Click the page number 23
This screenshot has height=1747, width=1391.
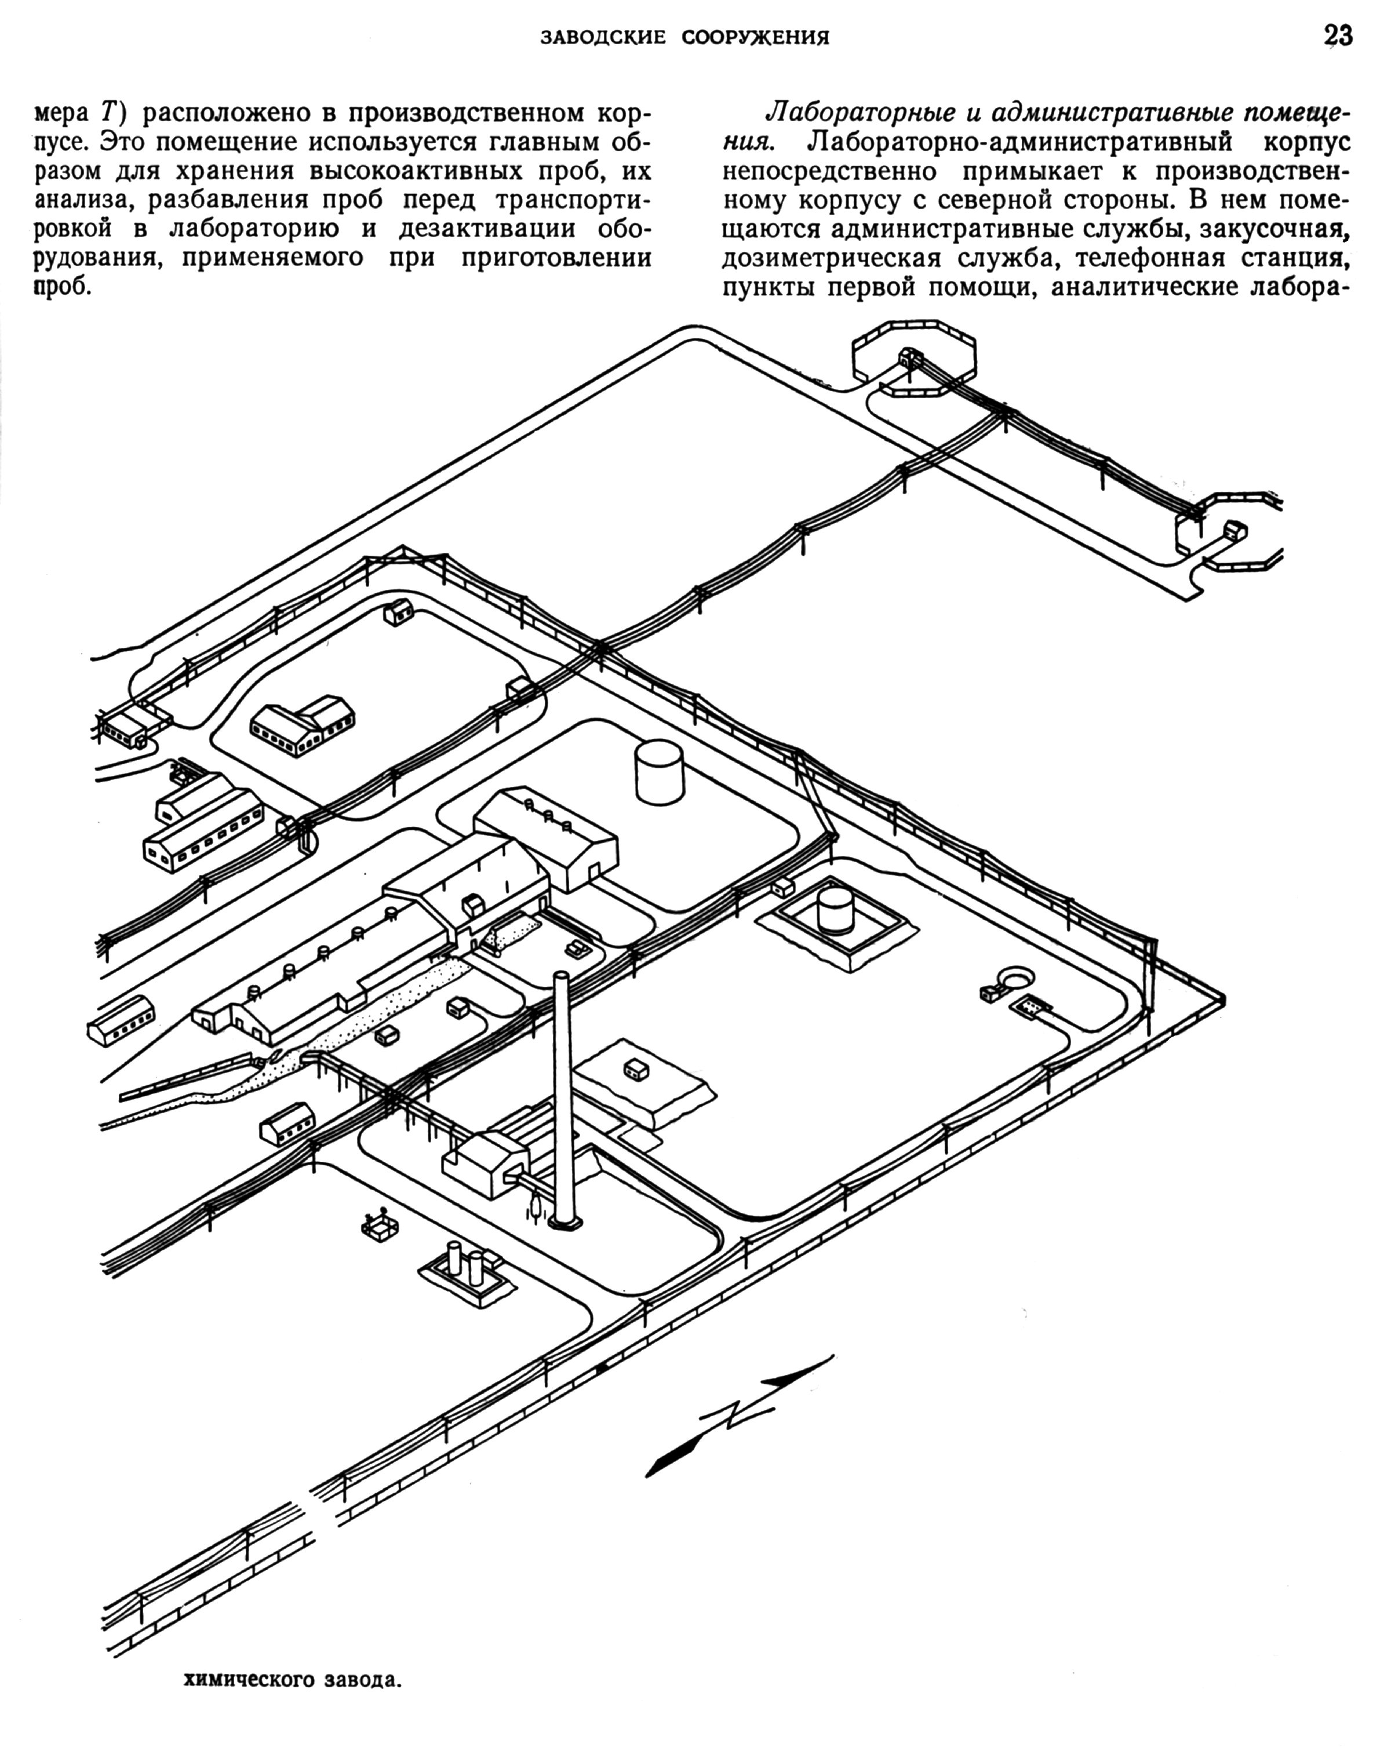click(1338, 37)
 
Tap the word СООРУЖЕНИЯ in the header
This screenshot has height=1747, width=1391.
click(755, 37)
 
